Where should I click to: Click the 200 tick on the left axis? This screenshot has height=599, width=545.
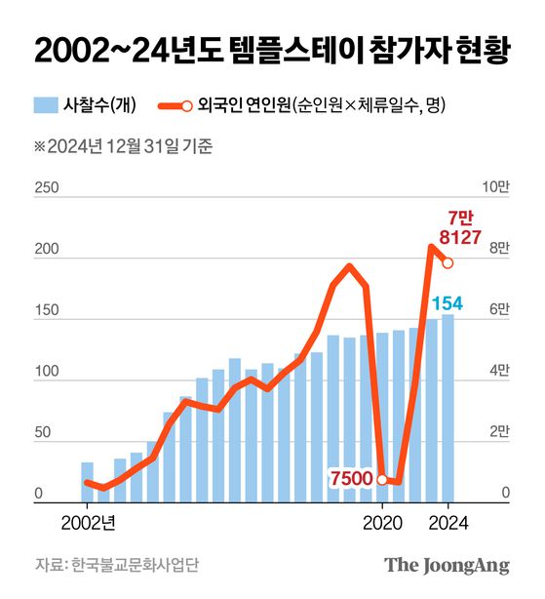(x=45, y=251)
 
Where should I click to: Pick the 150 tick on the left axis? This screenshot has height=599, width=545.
(x=45, y=312)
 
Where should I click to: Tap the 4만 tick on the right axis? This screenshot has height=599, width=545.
(x=497, y=373)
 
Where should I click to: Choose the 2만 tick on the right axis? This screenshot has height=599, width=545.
(x=497, y=434)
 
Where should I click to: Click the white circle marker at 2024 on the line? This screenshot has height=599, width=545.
(x=448, y=262)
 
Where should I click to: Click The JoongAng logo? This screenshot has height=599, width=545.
(x=447, y=565)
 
